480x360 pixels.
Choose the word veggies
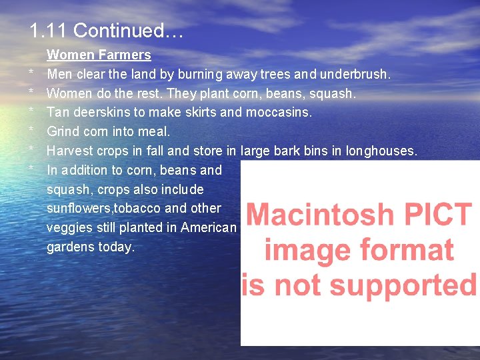pos(69,227)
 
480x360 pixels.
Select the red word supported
pos(408,285)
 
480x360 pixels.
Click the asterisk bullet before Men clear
pos(31,73)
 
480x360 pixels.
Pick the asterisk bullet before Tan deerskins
pos(31,111)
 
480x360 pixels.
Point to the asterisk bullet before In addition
pos(31,169)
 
